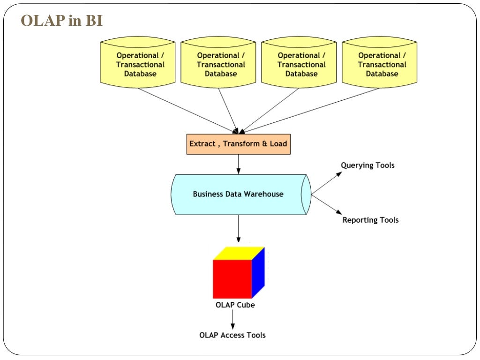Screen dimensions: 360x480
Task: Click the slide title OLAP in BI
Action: click(61, 21)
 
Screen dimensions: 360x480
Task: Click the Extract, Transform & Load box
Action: click(238, 144)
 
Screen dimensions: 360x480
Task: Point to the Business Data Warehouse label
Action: click(238, 194)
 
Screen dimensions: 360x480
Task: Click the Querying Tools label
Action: click(367, 165)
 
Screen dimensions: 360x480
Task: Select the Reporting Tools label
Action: click(370, 220)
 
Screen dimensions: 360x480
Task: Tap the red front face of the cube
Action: click(232, 279)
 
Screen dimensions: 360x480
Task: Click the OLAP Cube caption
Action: click(235, 305)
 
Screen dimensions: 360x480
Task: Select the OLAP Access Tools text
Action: click(232, 335)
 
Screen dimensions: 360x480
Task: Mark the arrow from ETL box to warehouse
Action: click(238, 164)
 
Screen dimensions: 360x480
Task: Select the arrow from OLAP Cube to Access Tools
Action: click(232, 320)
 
